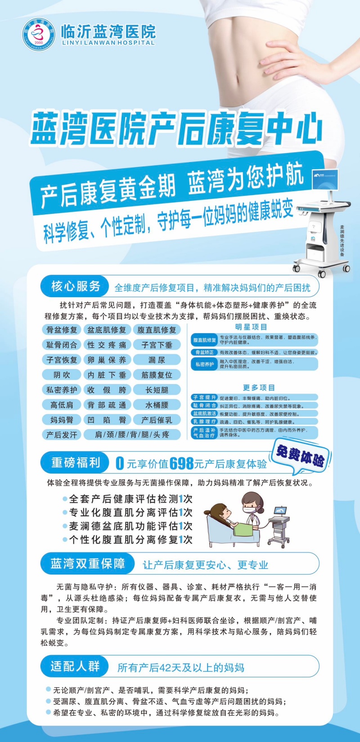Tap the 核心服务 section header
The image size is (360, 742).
(x=75, y=286)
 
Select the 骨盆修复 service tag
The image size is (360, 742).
(x=62, y=330)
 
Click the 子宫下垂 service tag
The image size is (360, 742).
(x=157, y=345)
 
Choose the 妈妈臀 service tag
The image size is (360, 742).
(x=62, y=420)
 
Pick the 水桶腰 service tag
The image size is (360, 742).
(x=157, y=405)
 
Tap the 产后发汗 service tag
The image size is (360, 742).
(x=62, y=435)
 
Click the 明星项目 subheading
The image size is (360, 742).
(x=251, y=327)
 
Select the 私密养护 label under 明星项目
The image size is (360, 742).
(x=205, y=364)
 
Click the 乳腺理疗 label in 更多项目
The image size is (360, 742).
(x=205, y=422)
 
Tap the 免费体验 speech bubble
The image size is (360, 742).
(x=301, y=455)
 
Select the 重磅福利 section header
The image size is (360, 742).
(x=75, y=462)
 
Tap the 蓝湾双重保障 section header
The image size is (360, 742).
(x=87, y=564)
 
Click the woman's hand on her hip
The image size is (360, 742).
(x=288, y=63)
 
